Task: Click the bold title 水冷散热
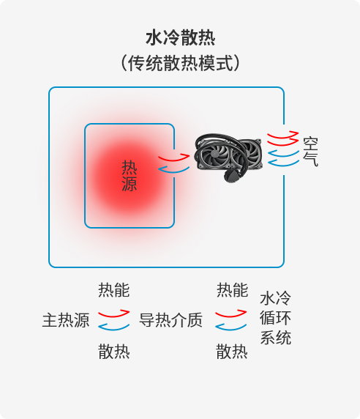(181, 37)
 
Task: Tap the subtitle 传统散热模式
(181, 63)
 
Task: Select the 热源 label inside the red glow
(130, 176)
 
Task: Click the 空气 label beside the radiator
(311, 152)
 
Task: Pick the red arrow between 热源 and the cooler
(173, 157)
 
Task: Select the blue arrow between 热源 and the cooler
(173, 169)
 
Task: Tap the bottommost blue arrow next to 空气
(283, 163)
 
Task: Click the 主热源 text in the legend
(66, 320)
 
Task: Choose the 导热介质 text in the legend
(170, 320)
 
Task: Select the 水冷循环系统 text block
(275, 318)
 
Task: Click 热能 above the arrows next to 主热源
(114, 290)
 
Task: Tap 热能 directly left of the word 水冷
(232, 290)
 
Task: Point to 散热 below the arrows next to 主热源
(114, 351)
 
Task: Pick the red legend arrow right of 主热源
(113, 314)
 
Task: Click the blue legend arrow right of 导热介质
(230, 327)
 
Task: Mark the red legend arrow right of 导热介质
(230, 314)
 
